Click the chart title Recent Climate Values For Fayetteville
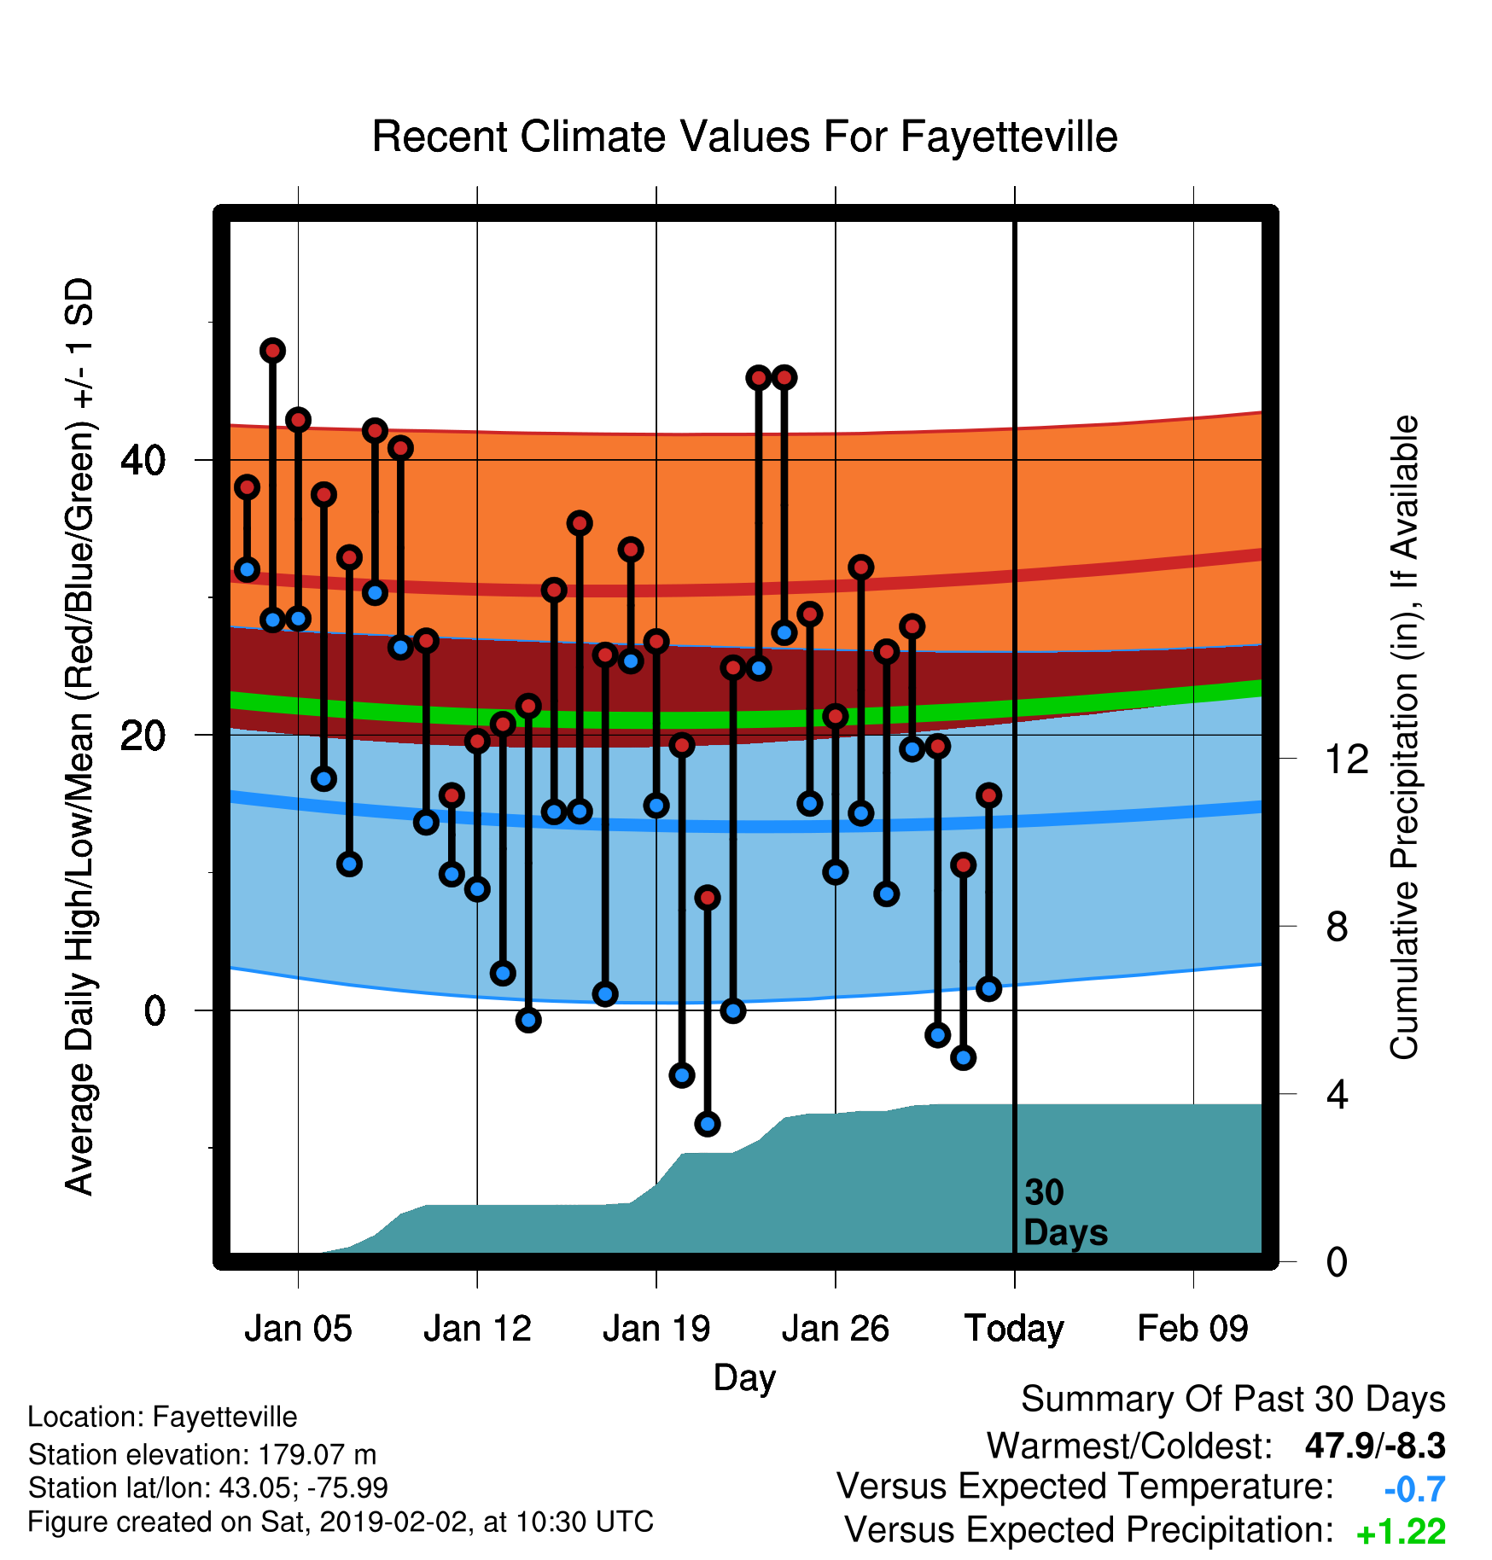pos(744,137)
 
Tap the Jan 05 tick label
pos(298,1329)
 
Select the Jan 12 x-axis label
pos(477,1329)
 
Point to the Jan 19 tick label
pos(656,1329)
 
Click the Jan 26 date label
pos(836,1329)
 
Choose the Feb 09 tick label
pos(1193,1329)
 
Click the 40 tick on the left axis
pos(143,461)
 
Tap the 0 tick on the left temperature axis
pos(154,1010)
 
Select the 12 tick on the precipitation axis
pos(1347,759)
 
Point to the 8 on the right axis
pos(1337,927)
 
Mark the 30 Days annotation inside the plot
pos(1065,1213)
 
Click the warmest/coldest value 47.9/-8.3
pos(1375,1446)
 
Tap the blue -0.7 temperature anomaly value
pos(1414,1489)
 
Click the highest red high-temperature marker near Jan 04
pos(272,351)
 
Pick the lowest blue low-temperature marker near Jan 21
pos(708,1124)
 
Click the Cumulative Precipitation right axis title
pos(1404,738)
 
